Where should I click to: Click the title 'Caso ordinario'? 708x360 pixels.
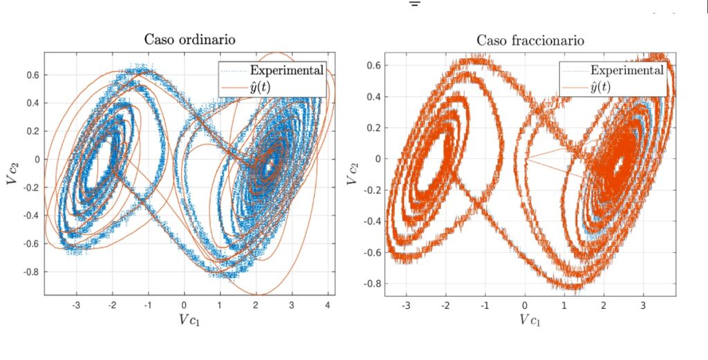point(189,39)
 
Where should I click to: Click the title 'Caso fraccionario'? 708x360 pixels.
point(530,41)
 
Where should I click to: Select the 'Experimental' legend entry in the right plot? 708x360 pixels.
point(627,70)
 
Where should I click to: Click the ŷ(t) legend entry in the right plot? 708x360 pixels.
point(606,86)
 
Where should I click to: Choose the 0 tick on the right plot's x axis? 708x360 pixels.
point(525,305)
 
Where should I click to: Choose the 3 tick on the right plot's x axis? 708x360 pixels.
point(643,305)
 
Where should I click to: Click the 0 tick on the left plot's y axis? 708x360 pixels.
point(35,159)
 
